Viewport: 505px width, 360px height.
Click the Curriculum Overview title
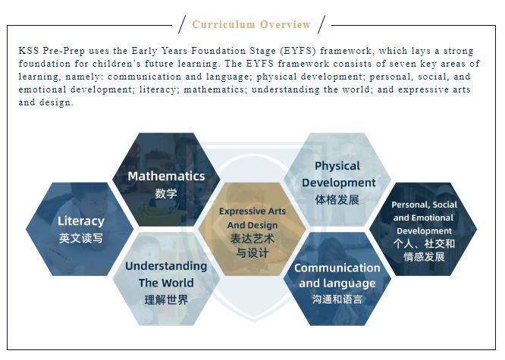point(251,24)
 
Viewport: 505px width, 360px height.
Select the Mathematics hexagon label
point(166,176)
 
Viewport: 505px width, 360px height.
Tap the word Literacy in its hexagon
point(81,221)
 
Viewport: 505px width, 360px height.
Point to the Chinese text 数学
point(166,193)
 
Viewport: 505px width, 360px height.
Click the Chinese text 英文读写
point(81,238)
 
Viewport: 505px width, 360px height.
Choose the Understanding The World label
point(166,274)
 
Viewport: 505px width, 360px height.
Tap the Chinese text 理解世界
point(166,300)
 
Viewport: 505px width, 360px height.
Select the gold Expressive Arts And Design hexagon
point(252,230)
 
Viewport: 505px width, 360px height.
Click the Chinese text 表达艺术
point(252,239)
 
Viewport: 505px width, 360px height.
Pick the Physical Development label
point(338,174)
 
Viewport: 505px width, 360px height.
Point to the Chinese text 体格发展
point(337,199)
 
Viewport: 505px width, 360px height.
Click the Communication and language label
point(337,276)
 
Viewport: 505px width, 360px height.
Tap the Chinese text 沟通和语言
point(337,299)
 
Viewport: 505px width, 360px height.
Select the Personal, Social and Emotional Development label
point(424,218)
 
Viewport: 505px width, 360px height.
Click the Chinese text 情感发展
point(424,257)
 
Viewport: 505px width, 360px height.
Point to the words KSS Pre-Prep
point(52,51)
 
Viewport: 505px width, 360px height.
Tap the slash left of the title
point(182,24)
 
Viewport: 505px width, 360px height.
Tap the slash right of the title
point(322,24)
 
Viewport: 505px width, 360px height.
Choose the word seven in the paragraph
point(403,64)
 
